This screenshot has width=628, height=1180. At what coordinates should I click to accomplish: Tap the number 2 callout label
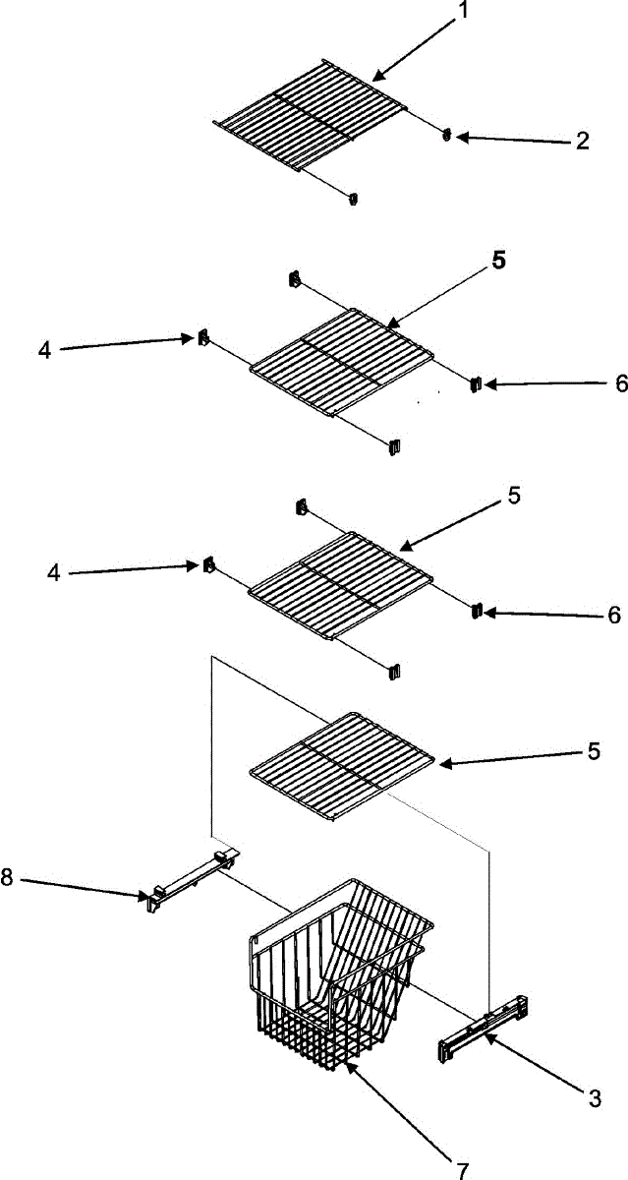pos(583,141)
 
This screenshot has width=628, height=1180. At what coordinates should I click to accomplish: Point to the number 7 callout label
pos(462,1168)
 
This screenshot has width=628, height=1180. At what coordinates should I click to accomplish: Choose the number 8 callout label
pos(8,878)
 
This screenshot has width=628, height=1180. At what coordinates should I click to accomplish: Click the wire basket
pos(334,973)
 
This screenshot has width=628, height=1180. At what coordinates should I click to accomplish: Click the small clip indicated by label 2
pos(447,136)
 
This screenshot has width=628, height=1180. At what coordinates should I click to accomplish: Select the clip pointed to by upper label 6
pos(474,383)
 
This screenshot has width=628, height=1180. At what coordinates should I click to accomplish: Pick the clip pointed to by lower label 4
pos(208,565)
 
